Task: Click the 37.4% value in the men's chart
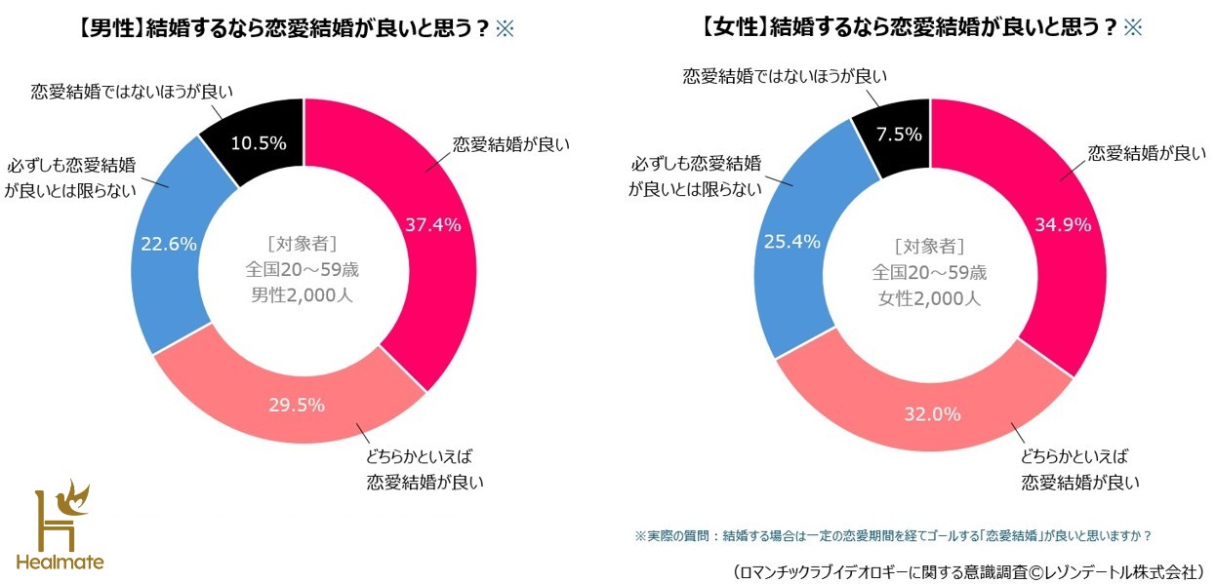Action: (x=432, y=223)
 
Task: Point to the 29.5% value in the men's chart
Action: (x=297, y=405)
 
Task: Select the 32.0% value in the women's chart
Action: (x=931, y=413)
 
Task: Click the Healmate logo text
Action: (x=60, y=563)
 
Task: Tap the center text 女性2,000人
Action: (x=929, y=298)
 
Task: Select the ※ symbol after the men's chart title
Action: (x=505, y=28)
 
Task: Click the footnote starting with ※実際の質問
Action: (x=893, y=535)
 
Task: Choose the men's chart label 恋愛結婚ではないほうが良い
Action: (x=132, y=93)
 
